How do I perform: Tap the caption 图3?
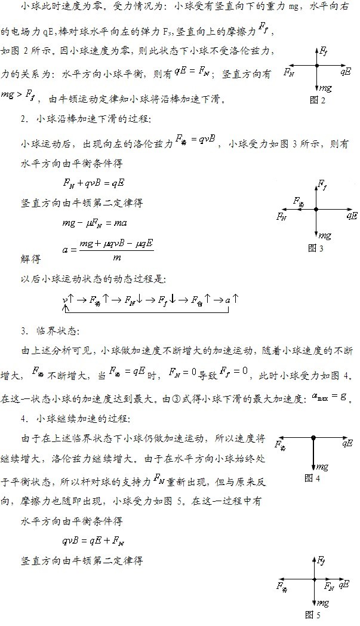point(315,248)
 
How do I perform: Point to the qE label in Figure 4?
point(347,443)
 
